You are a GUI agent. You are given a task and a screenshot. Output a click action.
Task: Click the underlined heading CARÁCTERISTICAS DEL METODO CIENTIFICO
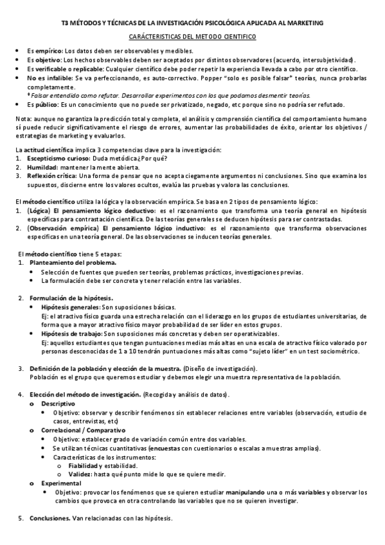coord(192,39)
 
